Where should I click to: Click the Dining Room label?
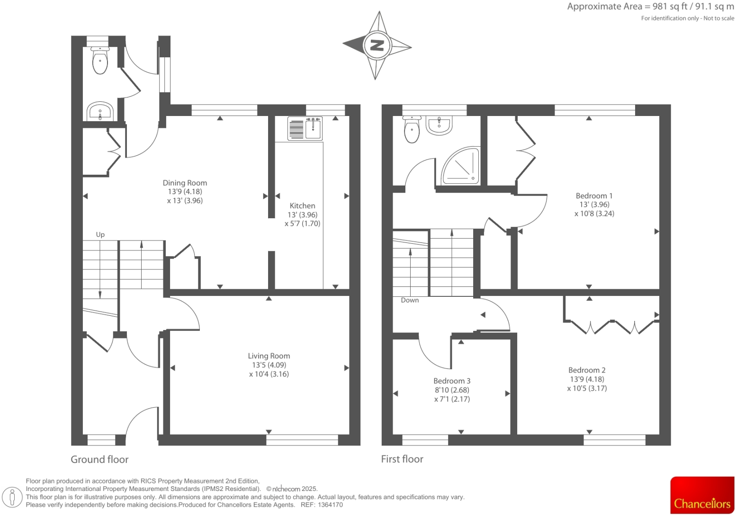click(x=185, y=183)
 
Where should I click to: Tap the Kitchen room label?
click(x=302, y=206)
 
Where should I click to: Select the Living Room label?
click(x=269, y=356)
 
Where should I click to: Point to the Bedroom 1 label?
click(x=594, y=196)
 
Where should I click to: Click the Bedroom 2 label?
click(x=587, y=370)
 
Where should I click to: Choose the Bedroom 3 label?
click(x=452, y=381)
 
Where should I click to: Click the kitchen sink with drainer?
click(x=305, y=129)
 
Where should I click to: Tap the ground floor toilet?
click(x=100, y=61)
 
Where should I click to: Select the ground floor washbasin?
click(x=100, y=112)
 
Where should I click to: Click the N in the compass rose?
click(x=377, y=45)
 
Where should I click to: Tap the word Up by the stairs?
click(x=100, y=234)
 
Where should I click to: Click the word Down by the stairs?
click(x=410, y=300)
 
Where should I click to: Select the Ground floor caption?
click(x=99, y=459)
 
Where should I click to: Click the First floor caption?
click(x=402, y=459)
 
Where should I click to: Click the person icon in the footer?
click(x=13, y=497)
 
